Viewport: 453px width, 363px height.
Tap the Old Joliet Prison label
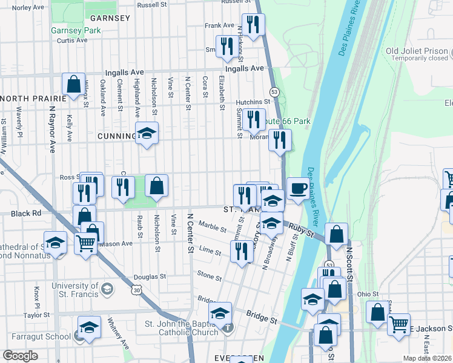pos(417,51)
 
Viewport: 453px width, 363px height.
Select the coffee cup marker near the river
pos(297,189)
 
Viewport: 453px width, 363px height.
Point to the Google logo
pos(20,356)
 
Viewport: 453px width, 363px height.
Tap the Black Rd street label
pos(25,214)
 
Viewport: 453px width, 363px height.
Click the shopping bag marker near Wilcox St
pos(73,85)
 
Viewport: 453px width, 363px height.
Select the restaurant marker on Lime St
pos(242,252)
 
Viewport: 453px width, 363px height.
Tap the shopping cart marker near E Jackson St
pos(398,324)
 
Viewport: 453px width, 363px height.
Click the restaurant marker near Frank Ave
pos(253,25)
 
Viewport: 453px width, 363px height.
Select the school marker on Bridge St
pos(220,313)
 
